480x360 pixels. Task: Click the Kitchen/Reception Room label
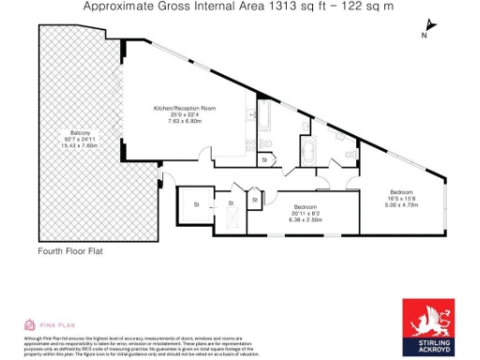click(x=185, y=109)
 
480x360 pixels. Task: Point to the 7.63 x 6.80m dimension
click(x=185, y=121)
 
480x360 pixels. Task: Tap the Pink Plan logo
click(x=41, y=324)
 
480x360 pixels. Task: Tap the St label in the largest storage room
click(x=197, y=203)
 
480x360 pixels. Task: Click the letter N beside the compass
click(x=424, y=36)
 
